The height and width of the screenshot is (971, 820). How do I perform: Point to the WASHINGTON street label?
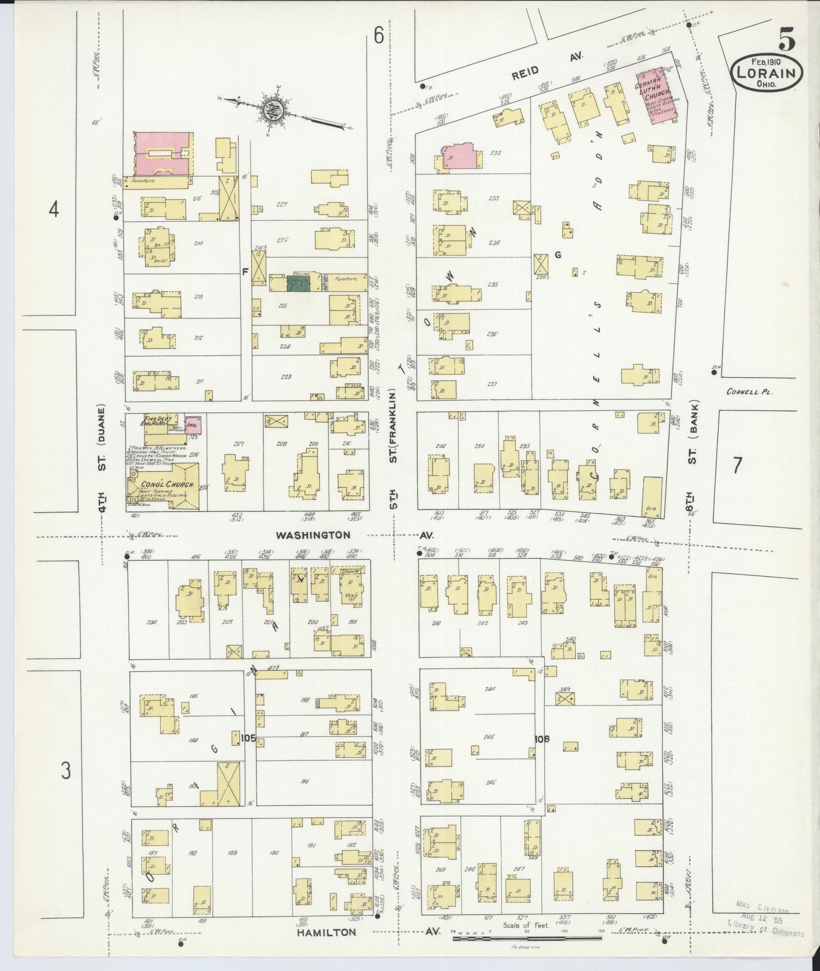tap(313, 535)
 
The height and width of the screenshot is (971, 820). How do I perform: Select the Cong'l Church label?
tap(161, 485)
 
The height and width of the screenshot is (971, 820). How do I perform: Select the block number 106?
tap(542, 740)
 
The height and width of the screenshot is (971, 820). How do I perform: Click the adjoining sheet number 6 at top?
tap(379, 36)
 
